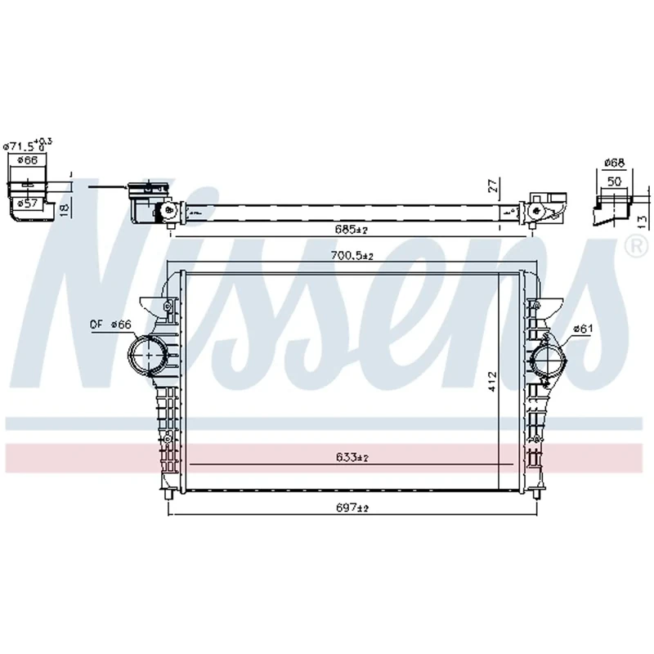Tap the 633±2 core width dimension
click(352, 458)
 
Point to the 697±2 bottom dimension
click(352, 508)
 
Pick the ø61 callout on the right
click(582, 329)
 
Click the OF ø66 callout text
click(110, 325)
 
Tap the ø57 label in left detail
click(29, 202)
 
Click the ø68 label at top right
click(615, 163)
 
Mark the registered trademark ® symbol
click(634, 244)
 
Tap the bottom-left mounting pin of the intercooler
click(168, 495)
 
